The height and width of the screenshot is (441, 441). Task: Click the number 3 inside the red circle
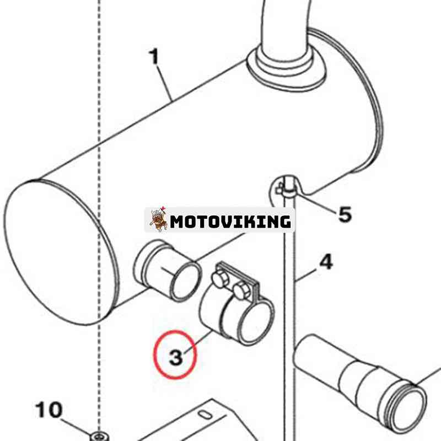tap(175, 358)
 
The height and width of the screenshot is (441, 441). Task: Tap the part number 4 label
tap(326, 262)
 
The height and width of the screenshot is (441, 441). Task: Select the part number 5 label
tap(345, 214)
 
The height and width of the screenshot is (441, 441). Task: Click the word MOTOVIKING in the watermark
tap(230, 222)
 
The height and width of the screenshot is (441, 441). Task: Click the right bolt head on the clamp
tap(240, 289)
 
